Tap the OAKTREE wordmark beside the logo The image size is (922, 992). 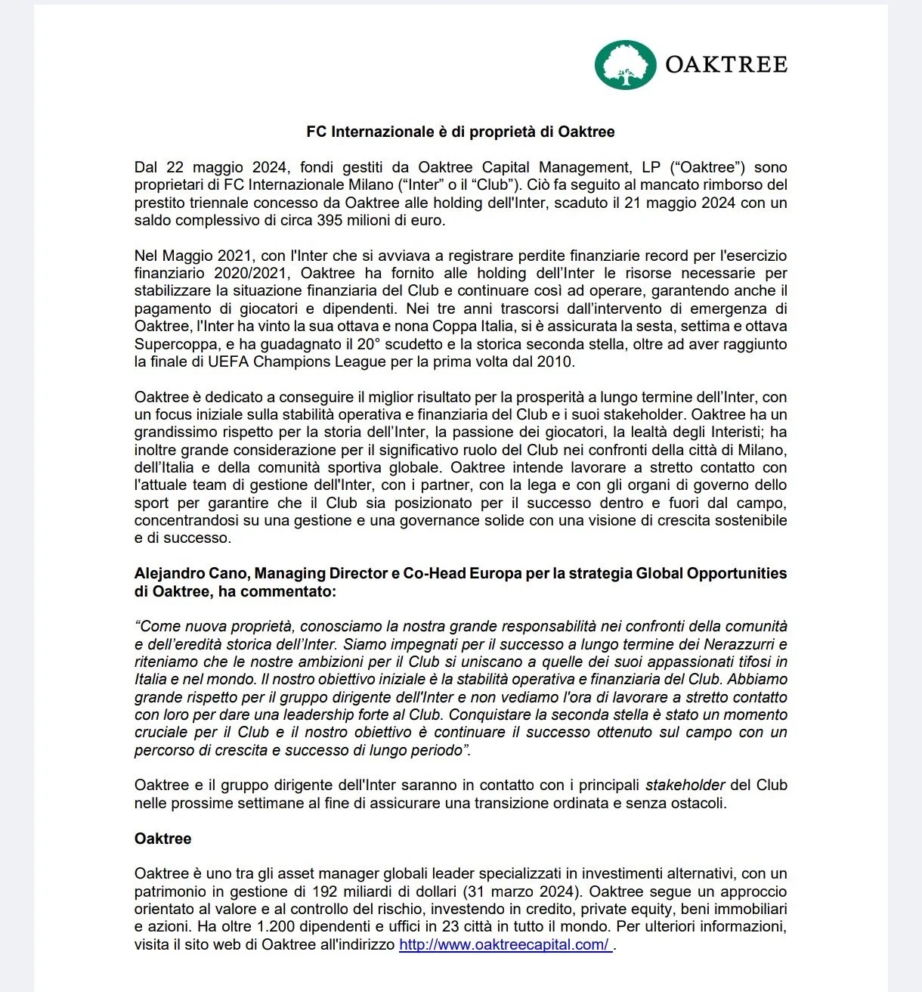[x=726, y=64]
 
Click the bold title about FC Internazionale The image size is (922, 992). [x=460, y=132]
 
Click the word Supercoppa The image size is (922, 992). [x=171, y=345]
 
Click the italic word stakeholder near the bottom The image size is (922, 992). [x=685, y=785]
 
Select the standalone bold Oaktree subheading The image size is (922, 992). [x=162, y=839]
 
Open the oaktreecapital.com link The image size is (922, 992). [x=504, y=945]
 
